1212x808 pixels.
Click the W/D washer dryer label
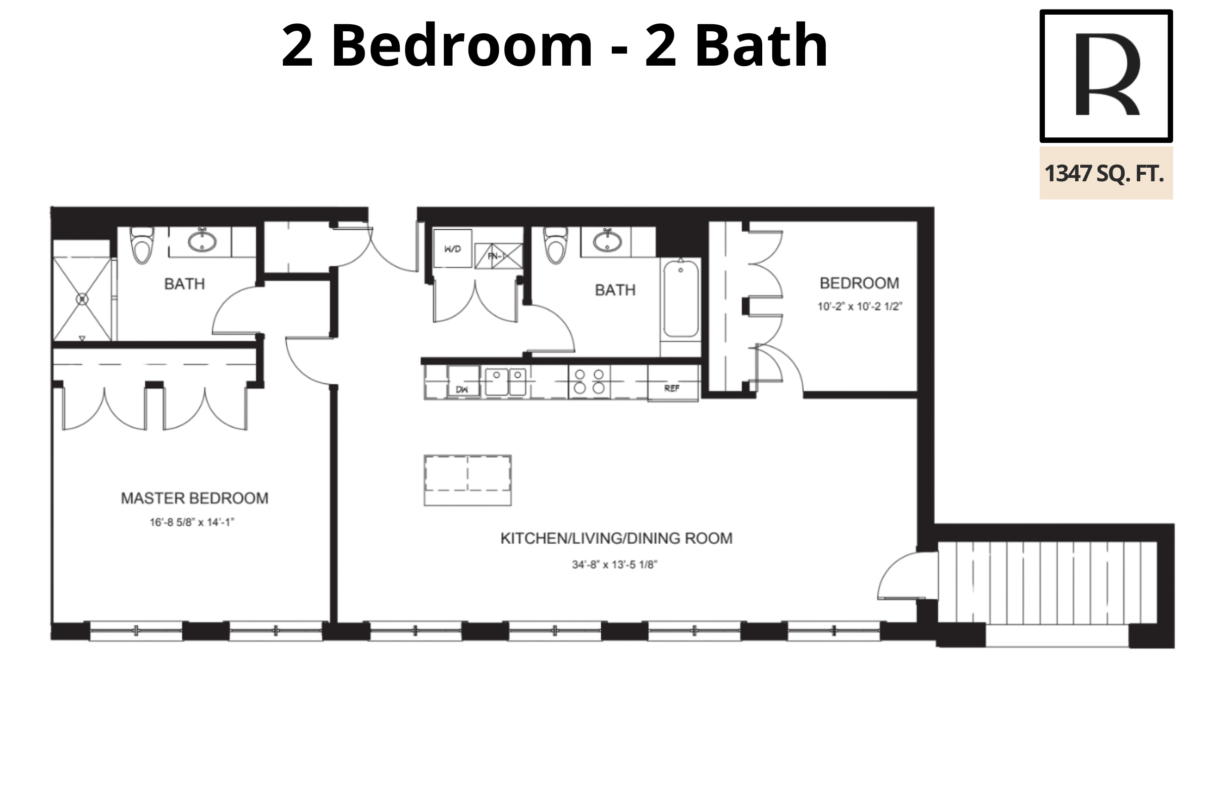point(452,249)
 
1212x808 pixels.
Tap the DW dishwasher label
point(461,389)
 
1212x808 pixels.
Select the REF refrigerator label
point(671,388)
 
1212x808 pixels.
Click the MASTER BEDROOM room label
point(194,498)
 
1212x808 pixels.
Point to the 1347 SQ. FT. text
point(1104,173)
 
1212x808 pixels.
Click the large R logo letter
point(1107,75)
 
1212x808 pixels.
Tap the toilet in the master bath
point(142,245)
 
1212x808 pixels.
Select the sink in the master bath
point(201,241)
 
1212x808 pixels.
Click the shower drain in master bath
point(82,299)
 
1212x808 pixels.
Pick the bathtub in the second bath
point(680,299)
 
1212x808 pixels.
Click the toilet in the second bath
point(556,245)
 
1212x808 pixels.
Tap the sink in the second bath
point(607,241)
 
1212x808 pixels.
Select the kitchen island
point(467,480)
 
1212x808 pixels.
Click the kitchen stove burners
point(589,381)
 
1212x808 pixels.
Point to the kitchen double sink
point(505,381)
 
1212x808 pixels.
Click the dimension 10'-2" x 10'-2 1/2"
point(859,306)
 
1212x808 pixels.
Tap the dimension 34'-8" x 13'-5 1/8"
point(614,564)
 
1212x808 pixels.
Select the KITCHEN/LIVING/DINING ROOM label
point(616,538)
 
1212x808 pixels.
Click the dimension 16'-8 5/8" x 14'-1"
point(192,522)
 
